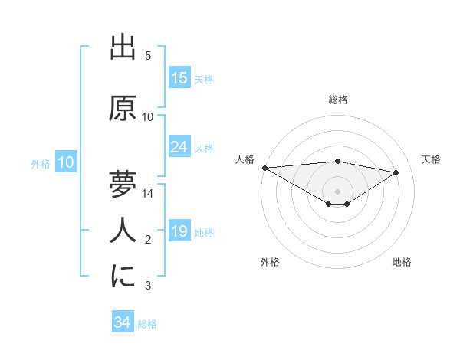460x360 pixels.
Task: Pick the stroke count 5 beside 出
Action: [x=148, y=56]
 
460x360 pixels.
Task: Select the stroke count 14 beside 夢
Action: [x=149, y=194]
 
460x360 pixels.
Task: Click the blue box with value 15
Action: [x=179, y=78]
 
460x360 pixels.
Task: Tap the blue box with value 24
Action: [x=179, y=147]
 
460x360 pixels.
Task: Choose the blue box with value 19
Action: [x=179, y=231]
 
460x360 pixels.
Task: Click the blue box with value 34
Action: [x=122, y=323]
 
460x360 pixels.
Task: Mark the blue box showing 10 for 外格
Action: [x=66, y=162]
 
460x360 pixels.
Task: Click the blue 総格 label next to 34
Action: [x=147, y=325]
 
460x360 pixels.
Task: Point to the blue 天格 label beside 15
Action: [x=204, y=80]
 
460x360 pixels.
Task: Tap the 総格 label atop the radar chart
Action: [x=338, y=100]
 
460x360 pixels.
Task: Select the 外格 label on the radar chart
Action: [x=270, y=262]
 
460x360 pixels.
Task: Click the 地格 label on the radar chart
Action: [x=402, y=262]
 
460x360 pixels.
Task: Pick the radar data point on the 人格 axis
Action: [x=264, y=168]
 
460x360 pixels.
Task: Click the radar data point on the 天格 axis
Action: [x=396, y=172]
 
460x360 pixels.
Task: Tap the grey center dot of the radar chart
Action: [x=337, y=191]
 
